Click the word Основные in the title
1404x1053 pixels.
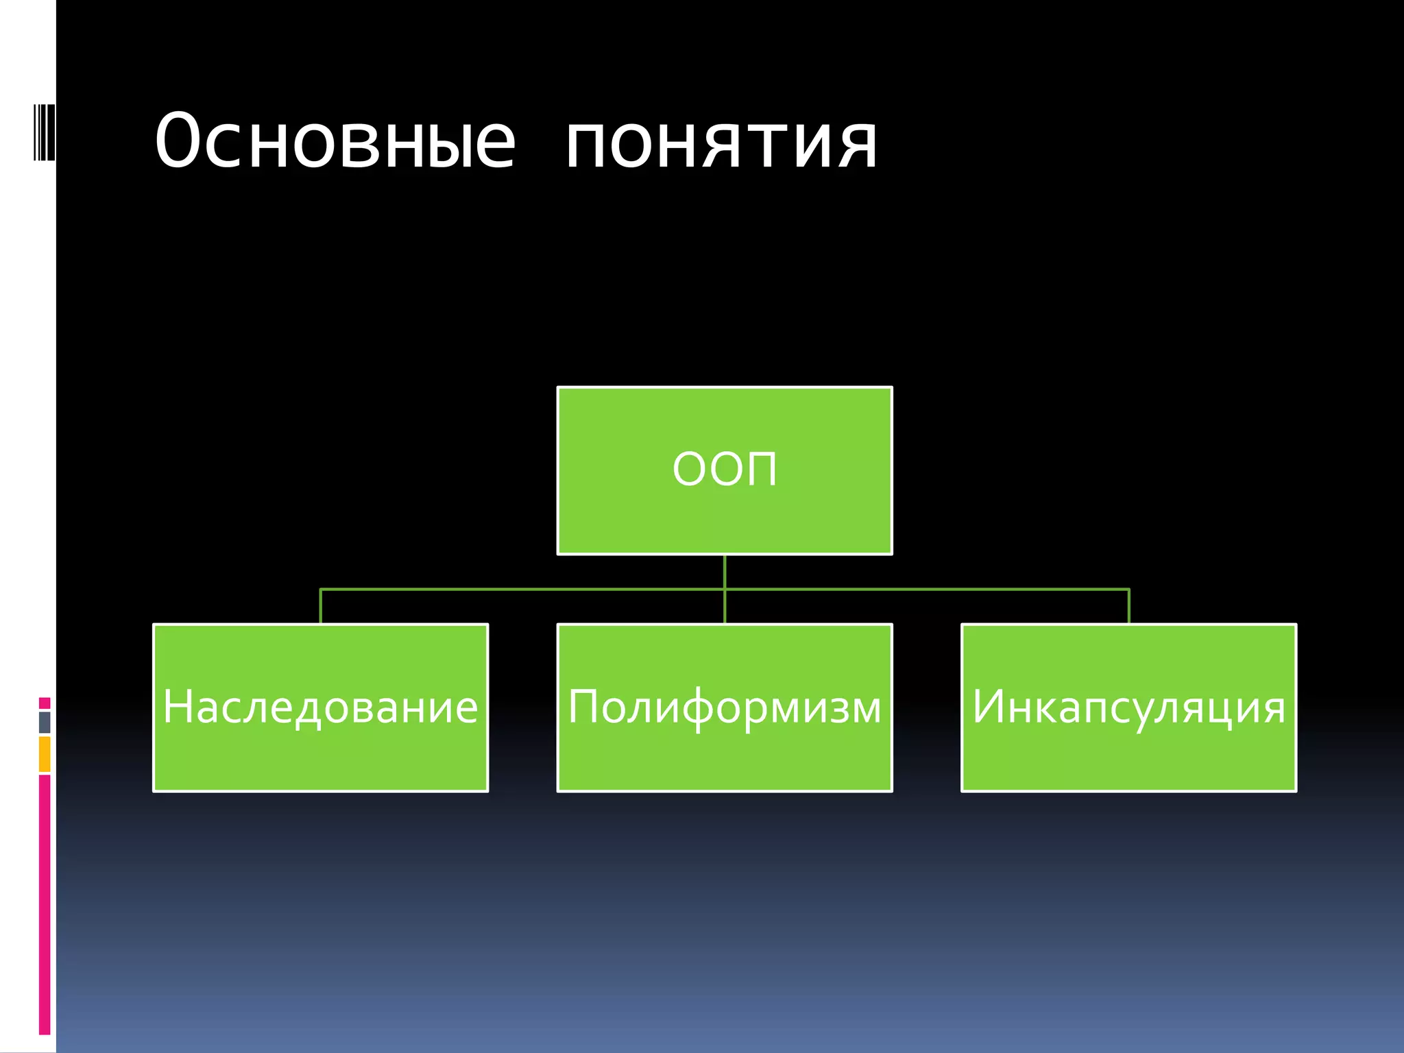pos(335,141)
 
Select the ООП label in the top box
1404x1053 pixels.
pos(725,470)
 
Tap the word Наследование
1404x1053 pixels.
pos(320,707)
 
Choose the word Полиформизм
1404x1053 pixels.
pos(725,707)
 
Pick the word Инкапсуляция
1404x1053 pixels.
pos(1128,707)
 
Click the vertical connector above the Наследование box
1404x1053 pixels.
pos(321,606)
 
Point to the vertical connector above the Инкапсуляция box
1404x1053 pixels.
pos(1128,606)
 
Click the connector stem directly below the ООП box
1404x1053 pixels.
pos(725,571)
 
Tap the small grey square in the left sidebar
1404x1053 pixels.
pos(45,722)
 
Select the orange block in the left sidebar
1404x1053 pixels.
pos(45,754)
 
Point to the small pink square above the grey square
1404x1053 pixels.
pos(45,703)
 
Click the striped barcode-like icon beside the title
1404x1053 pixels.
pos(45,132)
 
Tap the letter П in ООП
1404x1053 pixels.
pos(761,470)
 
